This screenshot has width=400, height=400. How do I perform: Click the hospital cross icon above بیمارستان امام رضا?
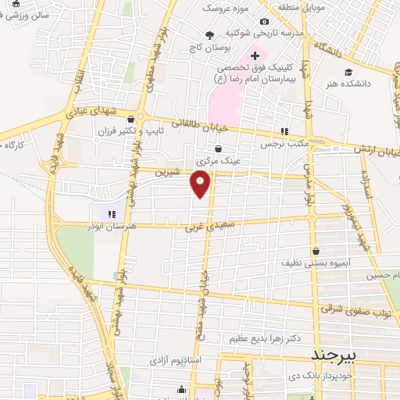click(255, 55)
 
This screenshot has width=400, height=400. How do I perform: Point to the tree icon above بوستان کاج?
click(209, 35)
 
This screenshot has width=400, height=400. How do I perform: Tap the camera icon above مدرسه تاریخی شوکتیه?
click(265, 21)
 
